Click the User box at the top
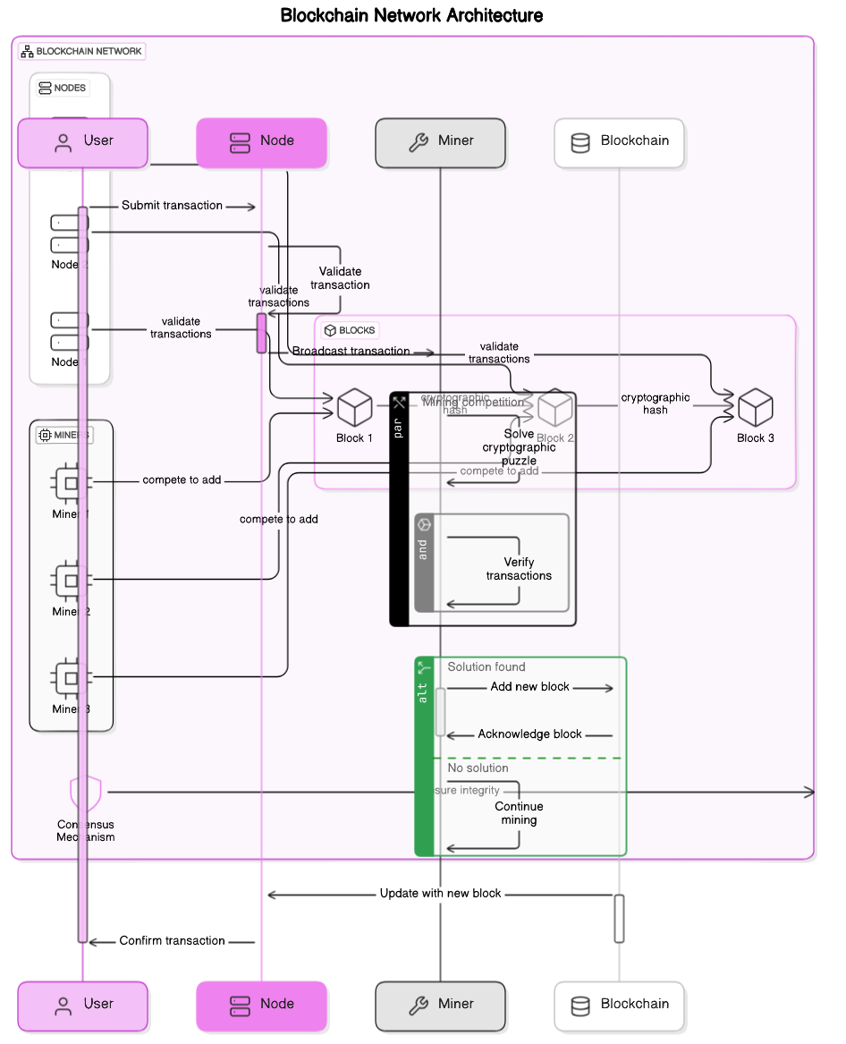[82, 142]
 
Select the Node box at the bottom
[262, 1006]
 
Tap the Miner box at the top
[440, 142]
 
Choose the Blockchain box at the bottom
[619, 1006]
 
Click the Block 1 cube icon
[354, 408]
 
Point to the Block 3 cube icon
[755, 408]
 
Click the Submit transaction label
[172, 206]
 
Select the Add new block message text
[529, 687]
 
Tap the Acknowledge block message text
[529, 734]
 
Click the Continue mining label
[519, 813]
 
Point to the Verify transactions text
[519, 569]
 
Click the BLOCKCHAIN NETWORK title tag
[81, 51]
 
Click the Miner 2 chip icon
[71, 580]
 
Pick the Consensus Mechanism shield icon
[86, 793]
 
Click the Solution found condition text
[486, 667]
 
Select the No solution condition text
[478, 768]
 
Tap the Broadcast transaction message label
[351, 352]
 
